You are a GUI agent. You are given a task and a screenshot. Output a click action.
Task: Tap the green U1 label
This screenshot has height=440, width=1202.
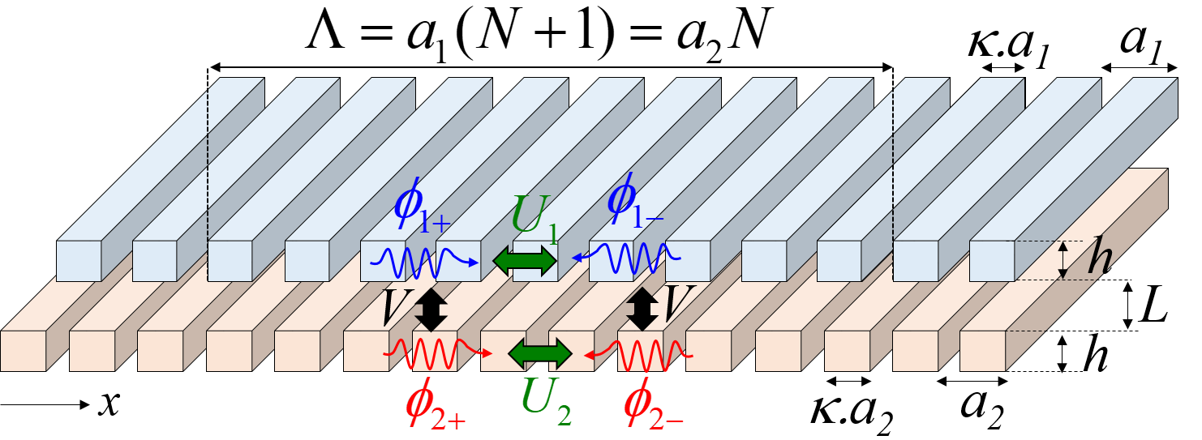coord(534,218)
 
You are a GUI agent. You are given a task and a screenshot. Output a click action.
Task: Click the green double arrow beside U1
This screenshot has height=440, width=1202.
coord(526,261)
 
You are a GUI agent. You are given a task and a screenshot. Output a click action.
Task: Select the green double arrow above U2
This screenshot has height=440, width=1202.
coord(540,354)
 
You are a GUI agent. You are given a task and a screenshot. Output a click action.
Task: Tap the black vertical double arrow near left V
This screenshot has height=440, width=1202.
coord(431,310)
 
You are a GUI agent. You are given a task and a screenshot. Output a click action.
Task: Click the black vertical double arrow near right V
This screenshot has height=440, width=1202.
coord(642,310)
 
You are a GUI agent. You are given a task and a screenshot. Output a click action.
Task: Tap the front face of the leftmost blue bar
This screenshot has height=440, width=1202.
coord(79,261)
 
